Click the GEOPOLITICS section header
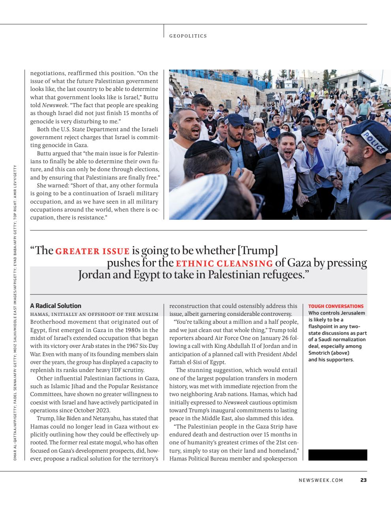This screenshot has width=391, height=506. click(x=188, y=36)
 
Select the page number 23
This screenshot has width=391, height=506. click(x=363, y=480)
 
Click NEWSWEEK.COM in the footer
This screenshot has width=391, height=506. click(x=321, y=480)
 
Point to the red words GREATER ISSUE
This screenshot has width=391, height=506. click(x=92, y=251)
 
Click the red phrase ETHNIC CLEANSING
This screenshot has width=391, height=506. click(x=224, y=263)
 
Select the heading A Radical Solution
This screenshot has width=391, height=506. click(x=56, y=306)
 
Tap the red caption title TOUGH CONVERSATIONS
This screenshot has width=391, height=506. click(x=336, y=306)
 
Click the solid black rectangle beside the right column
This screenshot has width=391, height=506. click(x=337, y=455)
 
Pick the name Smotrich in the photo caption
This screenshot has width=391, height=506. click(x=320, y=353)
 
